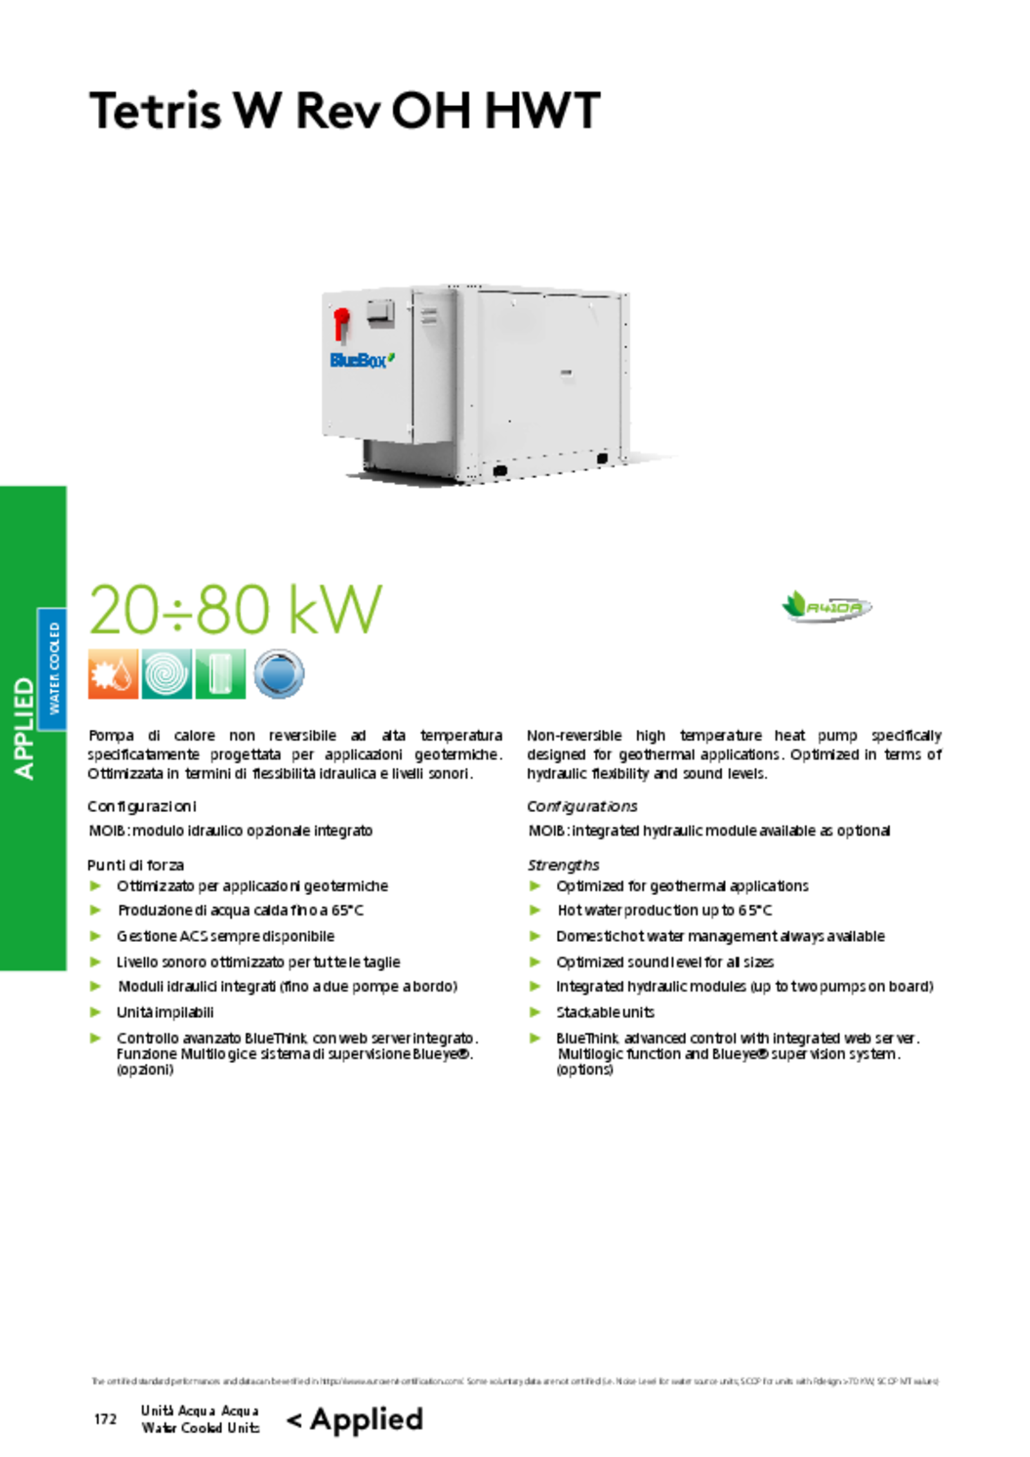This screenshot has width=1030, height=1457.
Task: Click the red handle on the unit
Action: [x=341, y=322]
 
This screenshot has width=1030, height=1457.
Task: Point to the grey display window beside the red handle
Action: [x=380, y=313]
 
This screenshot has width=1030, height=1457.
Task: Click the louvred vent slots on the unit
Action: [x=429, y=316]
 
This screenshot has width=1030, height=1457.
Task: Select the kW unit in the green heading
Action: [x=335, y=609]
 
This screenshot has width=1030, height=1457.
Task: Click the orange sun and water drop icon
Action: [x=113, y=674]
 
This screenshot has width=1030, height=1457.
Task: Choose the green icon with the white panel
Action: [x=220, y=674]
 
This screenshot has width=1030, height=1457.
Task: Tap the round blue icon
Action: [x=279, y=674]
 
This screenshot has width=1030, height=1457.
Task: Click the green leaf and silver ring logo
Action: [x=826, y=607]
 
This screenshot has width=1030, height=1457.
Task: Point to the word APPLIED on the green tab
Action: [x=24, y=728]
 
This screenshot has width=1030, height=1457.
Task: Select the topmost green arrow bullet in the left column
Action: [x=96, y=885]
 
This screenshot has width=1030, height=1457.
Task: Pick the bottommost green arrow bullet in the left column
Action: [x=96, y=1037]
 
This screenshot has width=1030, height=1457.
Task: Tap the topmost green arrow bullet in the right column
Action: [x=536, y=885]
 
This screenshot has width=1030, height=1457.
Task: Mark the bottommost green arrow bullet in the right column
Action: [x=536, y=1037]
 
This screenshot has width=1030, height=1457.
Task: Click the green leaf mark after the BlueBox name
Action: [x=391, y=357]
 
